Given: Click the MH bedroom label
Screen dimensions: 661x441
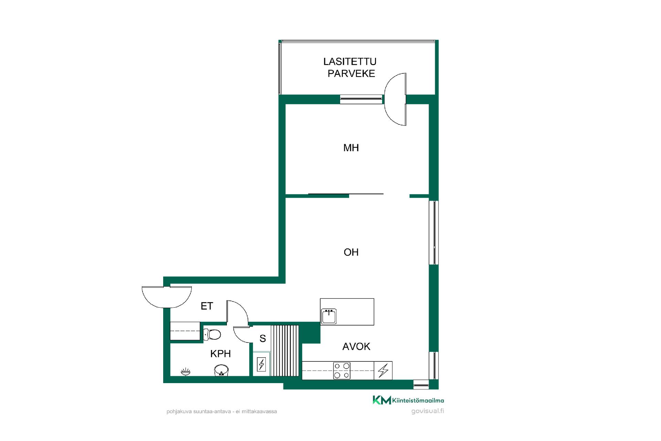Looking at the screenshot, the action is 351,148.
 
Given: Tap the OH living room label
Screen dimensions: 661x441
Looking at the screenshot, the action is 351,252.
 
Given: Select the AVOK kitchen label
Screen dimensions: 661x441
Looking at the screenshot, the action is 356,346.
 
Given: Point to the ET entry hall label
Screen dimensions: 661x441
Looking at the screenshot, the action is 207,306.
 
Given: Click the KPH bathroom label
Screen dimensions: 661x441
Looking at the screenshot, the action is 220,353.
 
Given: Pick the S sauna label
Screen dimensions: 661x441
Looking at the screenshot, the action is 263,339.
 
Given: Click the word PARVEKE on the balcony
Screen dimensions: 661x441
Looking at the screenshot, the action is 351,73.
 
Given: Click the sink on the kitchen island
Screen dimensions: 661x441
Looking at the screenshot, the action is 329,316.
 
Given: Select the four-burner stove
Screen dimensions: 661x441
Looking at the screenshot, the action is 342,371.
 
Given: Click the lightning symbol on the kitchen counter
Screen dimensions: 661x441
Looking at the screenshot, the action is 383,371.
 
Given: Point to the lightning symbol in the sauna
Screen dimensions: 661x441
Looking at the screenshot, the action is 262,364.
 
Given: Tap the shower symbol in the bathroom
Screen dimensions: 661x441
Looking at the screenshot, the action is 186,371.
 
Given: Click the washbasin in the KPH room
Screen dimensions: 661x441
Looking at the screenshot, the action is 221,370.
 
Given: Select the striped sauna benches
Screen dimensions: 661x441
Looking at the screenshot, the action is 285,350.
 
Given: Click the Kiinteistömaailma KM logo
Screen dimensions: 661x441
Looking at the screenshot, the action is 408,400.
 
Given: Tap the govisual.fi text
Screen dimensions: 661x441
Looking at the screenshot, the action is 428,411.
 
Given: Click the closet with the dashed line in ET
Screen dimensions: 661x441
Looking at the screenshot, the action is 185,331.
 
